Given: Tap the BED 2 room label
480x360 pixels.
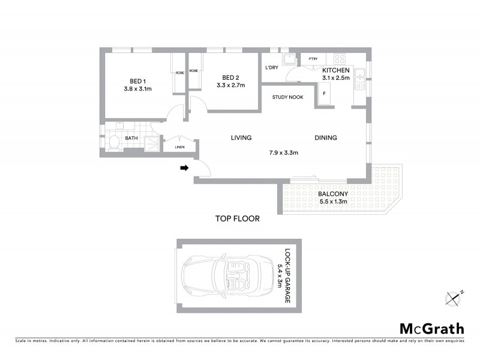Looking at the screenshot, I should click(x=231, y=77).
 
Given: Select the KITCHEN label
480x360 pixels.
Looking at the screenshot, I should click(x=335, y=70).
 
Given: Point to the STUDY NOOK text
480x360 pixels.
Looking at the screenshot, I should click(x=287, y=97).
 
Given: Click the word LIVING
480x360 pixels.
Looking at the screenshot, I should click(x=241, y=138).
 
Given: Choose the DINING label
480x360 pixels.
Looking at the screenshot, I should click(x=326, y=138).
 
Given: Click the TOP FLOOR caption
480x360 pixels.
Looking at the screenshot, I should click(x=237, y=219).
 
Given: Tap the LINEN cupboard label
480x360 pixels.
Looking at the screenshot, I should click(x=179, y=147).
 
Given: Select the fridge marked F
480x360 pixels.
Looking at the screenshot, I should click(x=324, y=94).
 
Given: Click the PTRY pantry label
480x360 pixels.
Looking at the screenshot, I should click(x=313, y=59).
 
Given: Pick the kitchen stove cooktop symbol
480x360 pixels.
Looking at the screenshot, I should click(x=340, y=59).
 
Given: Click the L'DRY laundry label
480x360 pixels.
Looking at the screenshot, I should click(x=271, y=67).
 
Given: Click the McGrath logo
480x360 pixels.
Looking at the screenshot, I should click(x=432, y=328).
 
